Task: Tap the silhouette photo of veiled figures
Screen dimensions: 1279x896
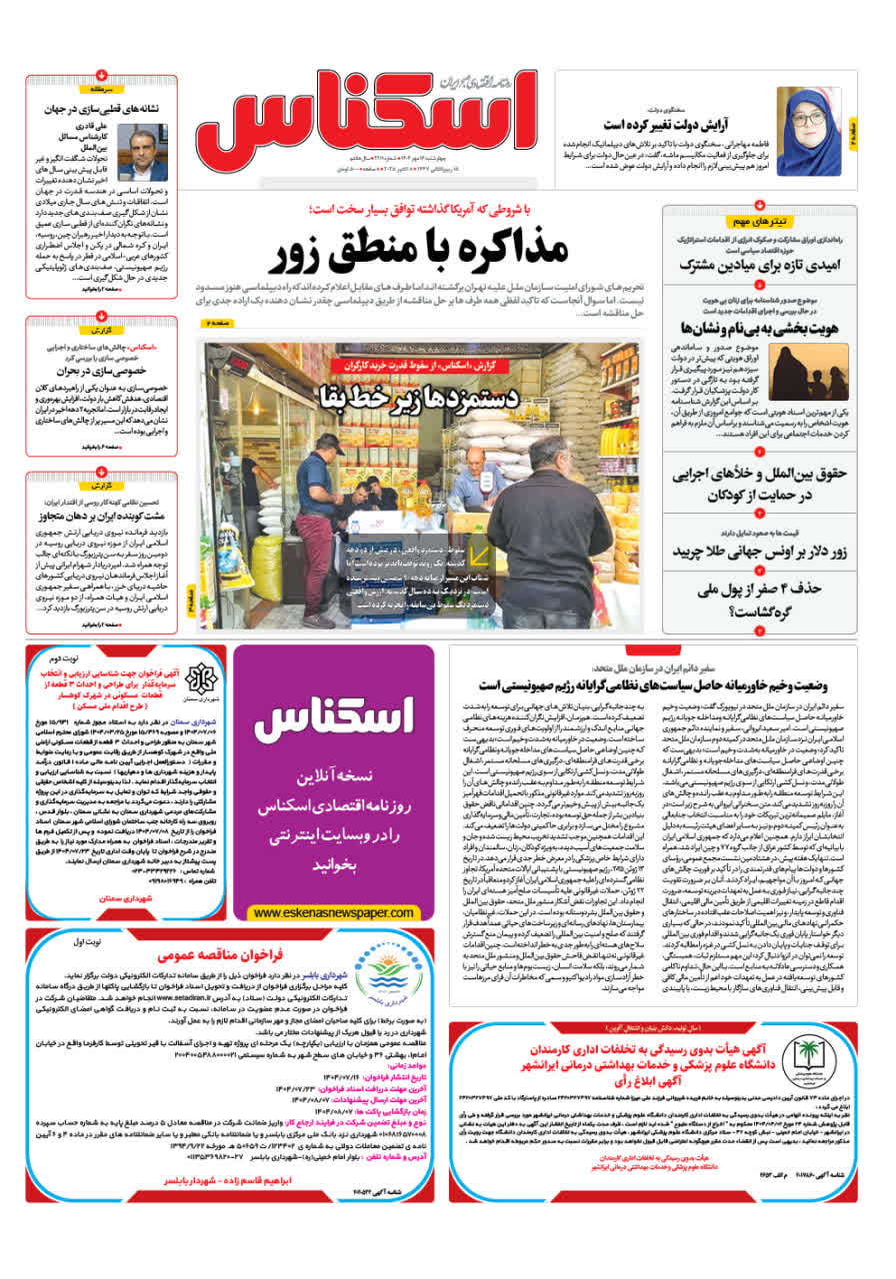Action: click(x=801, y=371)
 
